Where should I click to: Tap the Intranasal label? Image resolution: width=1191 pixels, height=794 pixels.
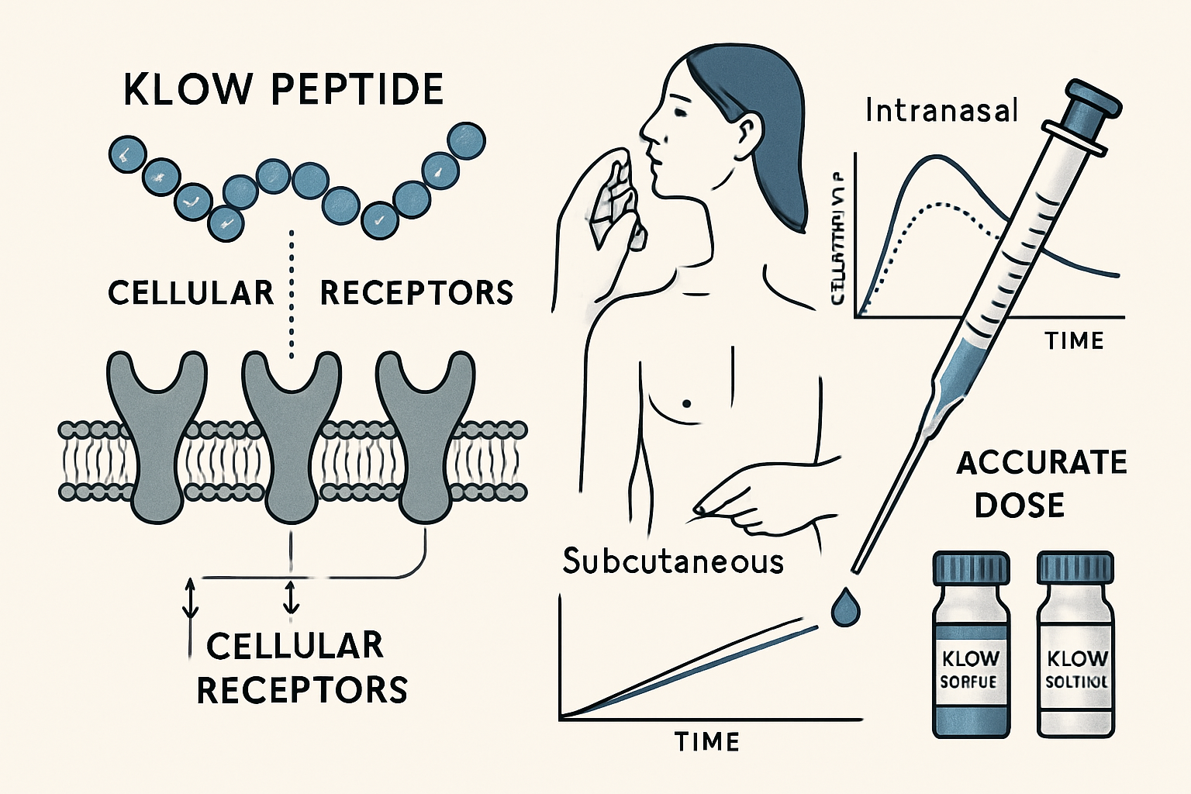click(941, 111)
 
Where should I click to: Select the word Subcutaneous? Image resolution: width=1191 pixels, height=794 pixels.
click(673, 561)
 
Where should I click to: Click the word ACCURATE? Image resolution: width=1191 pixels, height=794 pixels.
click(1041, 463)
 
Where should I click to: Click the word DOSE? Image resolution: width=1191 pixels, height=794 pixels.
click(1019, 506)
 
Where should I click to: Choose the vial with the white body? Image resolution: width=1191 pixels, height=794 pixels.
click(1075, 651)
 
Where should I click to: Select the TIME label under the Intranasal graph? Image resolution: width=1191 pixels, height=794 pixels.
click(1074, 340)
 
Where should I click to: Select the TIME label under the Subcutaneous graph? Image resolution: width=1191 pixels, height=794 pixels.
click(706, 742)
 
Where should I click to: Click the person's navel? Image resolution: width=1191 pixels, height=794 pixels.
click(685, 403)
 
